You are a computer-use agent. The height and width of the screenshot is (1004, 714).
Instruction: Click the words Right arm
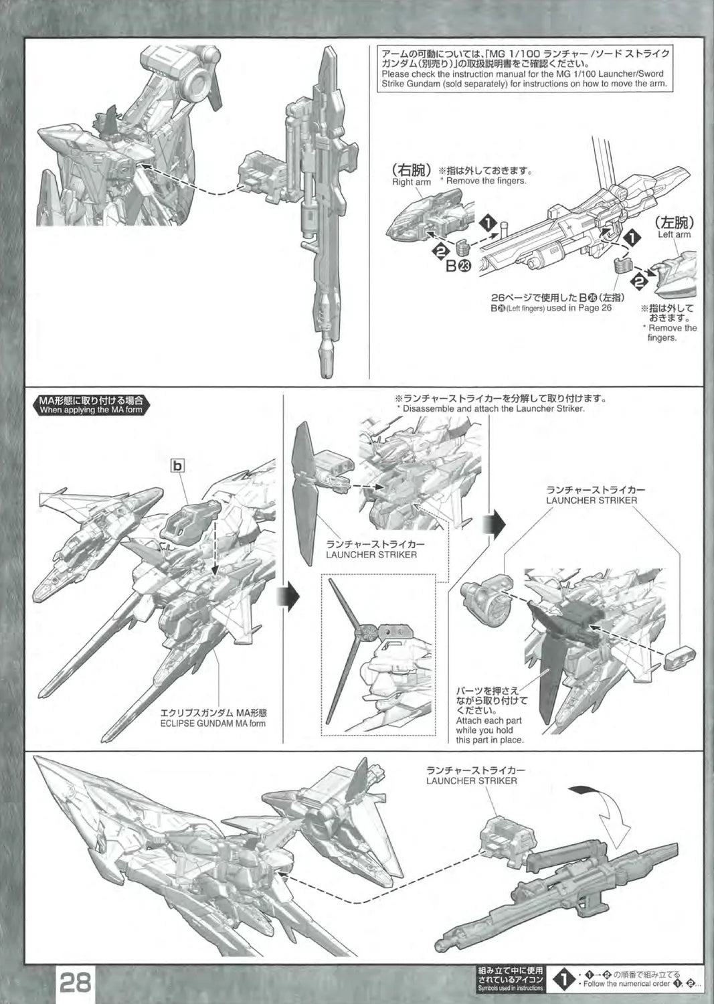point(411,182)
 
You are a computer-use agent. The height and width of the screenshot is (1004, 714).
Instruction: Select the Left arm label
point(674,235)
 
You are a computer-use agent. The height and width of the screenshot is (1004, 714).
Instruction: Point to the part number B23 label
point(462,266)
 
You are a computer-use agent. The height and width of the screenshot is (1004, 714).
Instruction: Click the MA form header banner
point(91,406)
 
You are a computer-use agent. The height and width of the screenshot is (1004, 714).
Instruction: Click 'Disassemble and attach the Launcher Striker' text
point(491,408)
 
